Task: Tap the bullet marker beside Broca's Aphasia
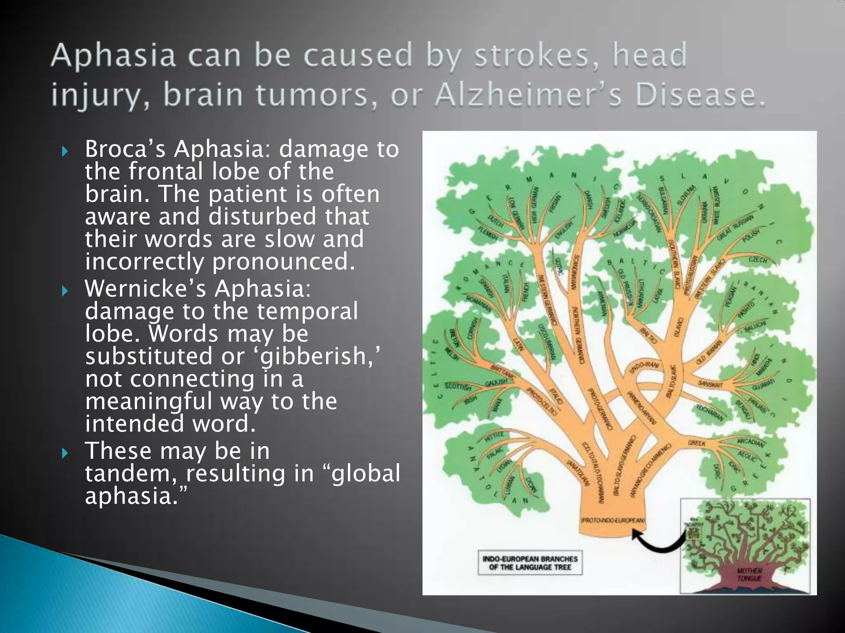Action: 64,151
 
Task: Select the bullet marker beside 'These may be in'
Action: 64,453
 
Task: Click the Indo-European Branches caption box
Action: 530,563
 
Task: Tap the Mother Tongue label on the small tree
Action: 749,574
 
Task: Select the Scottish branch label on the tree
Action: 458,387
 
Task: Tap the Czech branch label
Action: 758,260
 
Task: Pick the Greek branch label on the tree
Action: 696,443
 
